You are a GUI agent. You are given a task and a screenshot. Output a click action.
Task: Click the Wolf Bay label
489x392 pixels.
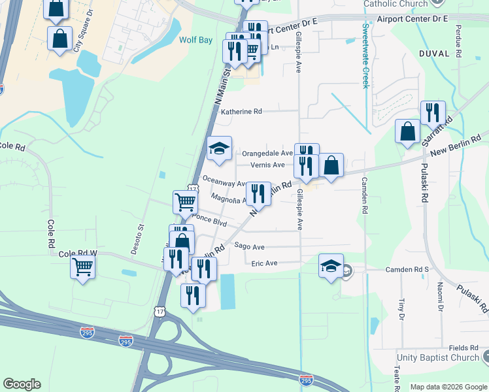(x=196, y=40)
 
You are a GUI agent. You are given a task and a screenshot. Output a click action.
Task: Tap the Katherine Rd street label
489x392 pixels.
(x=241, y=112)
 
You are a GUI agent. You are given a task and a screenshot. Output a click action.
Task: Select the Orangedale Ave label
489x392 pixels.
(x=267, y=153)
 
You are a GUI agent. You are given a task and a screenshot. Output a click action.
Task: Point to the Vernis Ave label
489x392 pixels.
(x=268, y=165)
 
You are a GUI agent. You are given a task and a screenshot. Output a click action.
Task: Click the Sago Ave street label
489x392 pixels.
(x=249, y=247)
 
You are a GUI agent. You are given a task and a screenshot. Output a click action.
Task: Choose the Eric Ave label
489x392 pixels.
(x=264, y=263)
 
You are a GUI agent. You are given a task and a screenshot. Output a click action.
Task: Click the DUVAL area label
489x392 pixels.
(x=433, y=54)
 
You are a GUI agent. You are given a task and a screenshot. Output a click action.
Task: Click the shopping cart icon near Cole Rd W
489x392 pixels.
(x=83, y=266)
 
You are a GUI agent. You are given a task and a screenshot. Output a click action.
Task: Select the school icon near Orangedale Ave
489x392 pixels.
(x=220, y=148)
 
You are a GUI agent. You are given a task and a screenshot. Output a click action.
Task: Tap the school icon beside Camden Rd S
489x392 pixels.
(x=331, y=266)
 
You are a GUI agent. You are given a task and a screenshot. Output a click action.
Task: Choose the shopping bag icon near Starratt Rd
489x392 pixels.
(x=407, y=131)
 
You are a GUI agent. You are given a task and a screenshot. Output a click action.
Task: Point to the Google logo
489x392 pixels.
(x=22, y=384)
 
